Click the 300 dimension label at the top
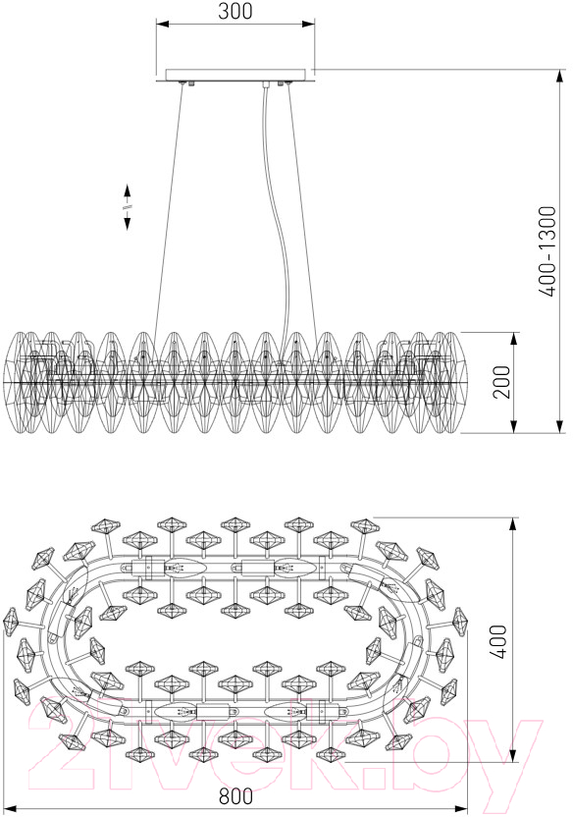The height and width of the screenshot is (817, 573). [235, 11]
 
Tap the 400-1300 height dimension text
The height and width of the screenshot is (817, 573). [547, 251]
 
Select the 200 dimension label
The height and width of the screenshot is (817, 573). [501, 382]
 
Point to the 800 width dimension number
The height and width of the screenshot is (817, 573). [235, 796]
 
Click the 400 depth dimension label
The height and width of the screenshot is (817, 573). [498, 641]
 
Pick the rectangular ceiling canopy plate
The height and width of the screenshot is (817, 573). [235, 75]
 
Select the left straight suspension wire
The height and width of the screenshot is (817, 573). [168, 208]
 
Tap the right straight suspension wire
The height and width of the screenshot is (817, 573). [303, 208]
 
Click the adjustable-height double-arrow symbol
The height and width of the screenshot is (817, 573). [127, 207]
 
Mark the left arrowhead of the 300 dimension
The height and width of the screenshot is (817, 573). [163, 24]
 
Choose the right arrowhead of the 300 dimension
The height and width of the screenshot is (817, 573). [308, 24]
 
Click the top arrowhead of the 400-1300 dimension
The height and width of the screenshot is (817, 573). [560, 76]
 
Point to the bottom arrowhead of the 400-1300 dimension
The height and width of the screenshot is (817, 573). [560, 426]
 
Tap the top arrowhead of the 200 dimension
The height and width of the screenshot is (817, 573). [514, 339]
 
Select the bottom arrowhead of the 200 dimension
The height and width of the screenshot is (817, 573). [514, 426]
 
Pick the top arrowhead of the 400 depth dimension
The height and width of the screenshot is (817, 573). [514, 525]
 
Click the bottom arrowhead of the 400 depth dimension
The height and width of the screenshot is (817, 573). [514, 755]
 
